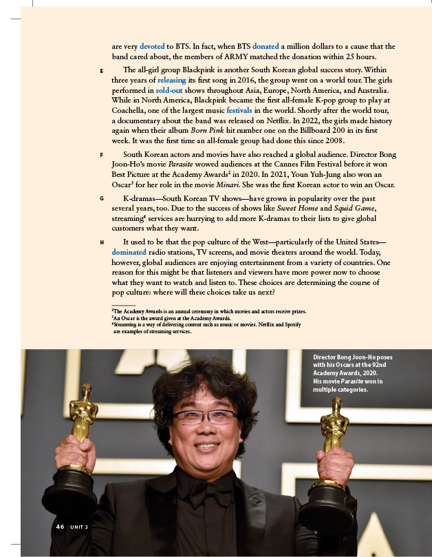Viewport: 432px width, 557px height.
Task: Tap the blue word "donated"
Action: pyautogui.click(x=266, y=46)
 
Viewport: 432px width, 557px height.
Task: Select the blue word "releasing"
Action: pyautogui.click(x=172, y=80)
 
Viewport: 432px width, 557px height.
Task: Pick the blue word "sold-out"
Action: pyautogui.click(x=171, y=90)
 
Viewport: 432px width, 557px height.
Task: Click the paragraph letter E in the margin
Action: pyautogui.click(x=101, y=71)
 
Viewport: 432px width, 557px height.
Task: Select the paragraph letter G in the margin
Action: pyautogui.click(x=101, y=199)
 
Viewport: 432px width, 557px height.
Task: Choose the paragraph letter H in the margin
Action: pyautogui.click(x=101, y=243)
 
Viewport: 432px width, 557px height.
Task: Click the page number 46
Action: pyautogui.click(x=60, y=527)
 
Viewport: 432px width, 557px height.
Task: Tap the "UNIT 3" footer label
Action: pyautogui.click(x=78, y=527)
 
